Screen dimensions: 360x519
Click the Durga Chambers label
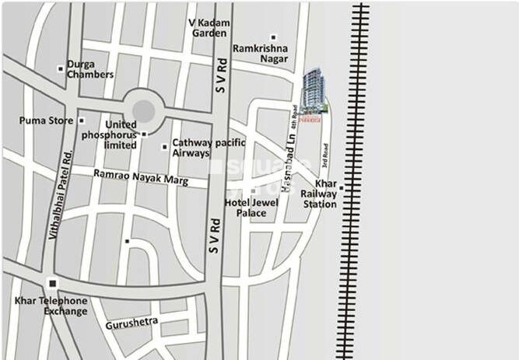coord(91,68)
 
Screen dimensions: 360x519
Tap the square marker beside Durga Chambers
coord(61,68)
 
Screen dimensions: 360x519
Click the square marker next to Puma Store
coord(81,121)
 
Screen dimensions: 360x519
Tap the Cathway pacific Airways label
coord(209,148)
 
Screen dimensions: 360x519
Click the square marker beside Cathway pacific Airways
coord(164,146)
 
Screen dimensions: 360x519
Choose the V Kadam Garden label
coord(211,28)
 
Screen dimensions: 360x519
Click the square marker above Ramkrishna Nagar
coord(273,37)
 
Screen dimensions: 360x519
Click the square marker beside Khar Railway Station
coord(341,188)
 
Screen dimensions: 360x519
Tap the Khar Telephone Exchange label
coord(51,306)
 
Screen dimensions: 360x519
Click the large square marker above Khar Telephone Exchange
coord(52,283)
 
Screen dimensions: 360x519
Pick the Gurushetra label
coord(132,320)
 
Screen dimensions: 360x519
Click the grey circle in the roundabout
coord(143,110)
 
